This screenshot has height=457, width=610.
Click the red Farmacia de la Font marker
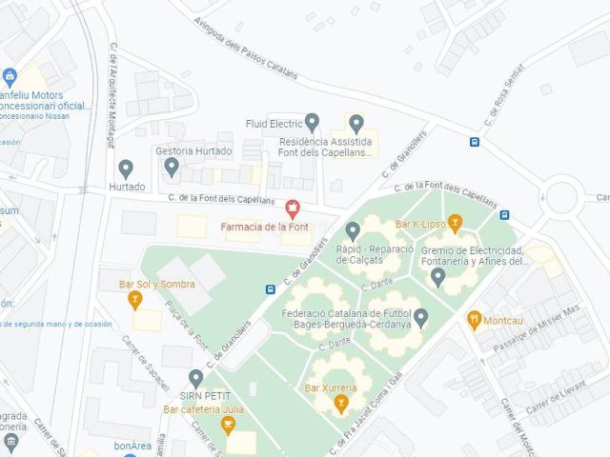coord(293,207)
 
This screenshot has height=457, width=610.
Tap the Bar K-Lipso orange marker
coord(455,224)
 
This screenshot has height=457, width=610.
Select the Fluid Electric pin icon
coord(312,122)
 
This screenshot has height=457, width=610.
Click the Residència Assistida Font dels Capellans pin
coord(356,123)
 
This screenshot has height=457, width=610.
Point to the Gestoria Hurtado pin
coord(172,167)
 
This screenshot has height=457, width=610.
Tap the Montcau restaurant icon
coord(474,320)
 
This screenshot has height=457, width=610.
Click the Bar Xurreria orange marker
coord(340,405)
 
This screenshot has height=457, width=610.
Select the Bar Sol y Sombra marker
coord(135,301)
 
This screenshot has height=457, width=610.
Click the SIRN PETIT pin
coord(195,378)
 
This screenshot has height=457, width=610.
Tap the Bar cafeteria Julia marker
coord(227,425)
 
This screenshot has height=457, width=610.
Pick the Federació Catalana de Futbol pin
coord(420,316)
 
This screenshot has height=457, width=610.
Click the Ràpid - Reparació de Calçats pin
coord(352,230)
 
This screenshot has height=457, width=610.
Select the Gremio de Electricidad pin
coord(437,277)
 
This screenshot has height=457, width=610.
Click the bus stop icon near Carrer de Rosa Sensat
coord(474,143)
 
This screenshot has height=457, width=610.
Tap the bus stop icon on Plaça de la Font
coord(271,288)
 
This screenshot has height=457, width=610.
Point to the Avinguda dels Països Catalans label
coord(246,48)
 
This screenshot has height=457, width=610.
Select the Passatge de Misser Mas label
coord(536,329)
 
